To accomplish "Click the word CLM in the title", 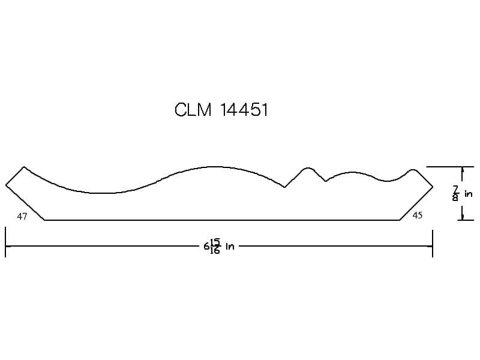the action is click(x=193, y=110).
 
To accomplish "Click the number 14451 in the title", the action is click(x=244, y=110).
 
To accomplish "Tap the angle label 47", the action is click(x=22, y=217).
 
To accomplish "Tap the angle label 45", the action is click(x=418, y=215).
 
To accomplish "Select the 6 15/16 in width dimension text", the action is click(x=219, y=246).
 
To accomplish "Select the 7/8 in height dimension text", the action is click(x=462, y=193).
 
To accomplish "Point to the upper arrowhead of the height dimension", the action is click(x=462, y=169).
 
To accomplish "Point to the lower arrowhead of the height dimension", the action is click(x=462, y=217).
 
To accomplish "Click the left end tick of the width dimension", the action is click(x=5, y=242).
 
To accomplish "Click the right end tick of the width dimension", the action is click(x=433, y=244).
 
